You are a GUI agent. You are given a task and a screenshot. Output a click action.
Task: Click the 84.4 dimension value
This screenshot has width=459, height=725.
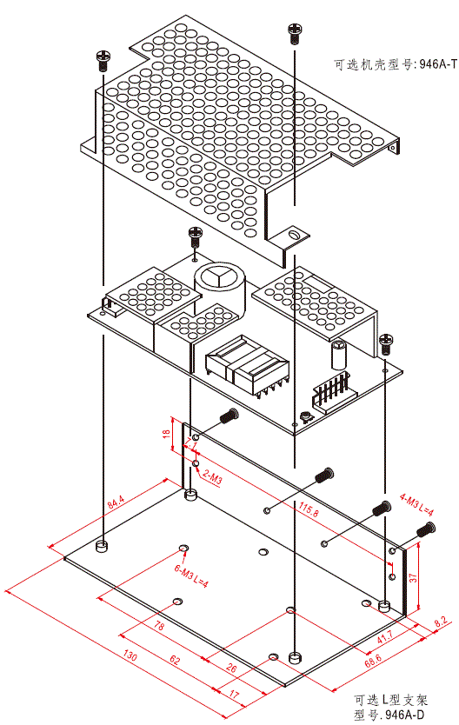click(x=116, y=502)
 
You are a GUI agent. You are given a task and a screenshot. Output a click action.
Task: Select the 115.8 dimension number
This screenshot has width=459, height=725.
click(x=309, y=509)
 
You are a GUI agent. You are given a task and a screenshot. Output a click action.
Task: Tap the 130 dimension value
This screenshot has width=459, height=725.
click(x=130, y=655)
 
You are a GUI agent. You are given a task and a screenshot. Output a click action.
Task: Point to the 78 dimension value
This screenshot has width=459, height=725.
click(x=158, y=626)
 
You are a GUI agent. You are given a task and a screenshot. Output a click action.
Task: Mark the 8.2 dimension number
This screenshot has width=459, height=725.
click(x=441, y=622)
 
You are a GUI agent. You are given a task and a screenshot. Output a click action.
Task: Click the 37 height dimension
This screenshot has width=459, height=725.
click(x=413, y=577)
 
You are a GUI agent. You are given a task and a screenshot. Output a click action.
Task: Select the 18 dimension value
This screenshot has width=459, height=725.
click(x=166, y=434)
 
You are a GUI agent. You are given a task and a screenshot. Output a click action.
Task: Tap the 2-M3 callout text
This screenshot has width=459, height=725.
click(x=212, y=476)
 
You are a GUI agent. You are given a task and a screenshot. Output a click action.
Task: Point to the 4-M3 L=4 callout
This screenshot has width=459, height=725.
click(x=416, y=504)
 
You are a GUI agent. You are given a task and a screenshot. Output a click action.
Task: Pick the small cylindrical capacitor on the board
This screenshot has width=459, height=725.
click(x=338, y=355)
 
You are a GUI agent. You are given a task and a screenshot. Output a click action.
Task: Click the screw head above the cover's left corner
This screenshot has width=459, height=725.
click(x=103, y=60)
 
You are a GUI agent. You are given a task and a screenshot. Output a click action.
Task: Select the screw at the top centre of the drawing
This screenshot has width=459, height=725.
click(x=295, y=33)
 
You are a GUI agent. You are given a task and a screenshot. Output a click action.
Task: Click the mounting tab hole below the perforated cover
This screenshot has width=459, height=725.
click(x=292, y=235)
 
